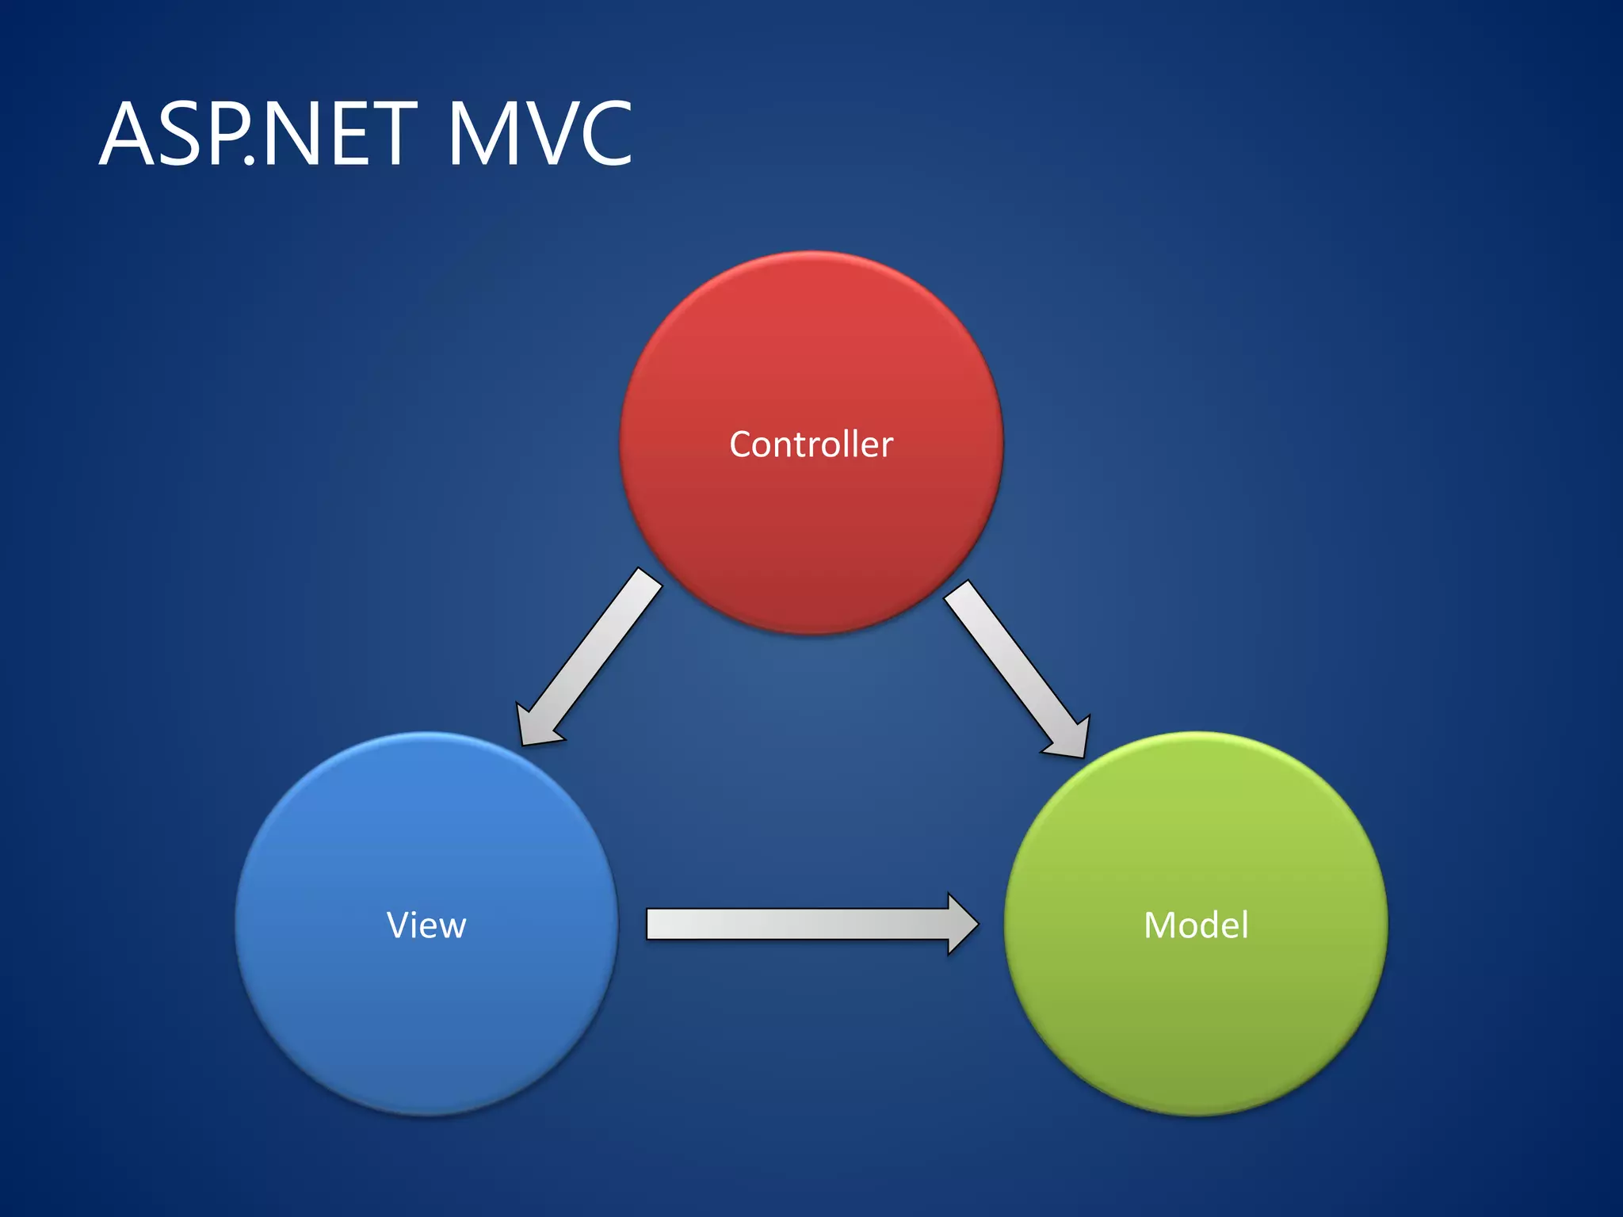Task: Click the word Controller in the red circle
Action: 811,444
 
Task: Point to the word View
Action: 426,925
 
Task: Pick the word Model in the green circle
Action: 1196,925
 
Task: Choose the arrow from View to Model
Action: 800,924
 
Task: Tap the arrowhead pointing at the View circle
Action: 536,724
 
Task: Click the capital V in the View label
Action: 399,925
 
